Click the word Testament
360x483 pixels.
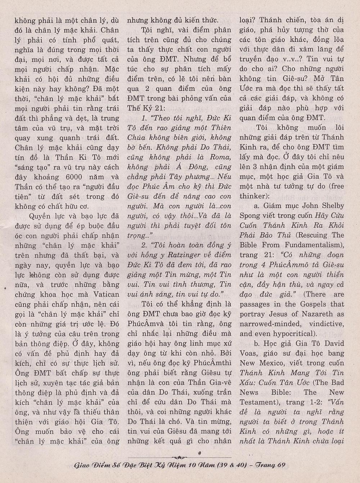(x=258, y=402)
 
